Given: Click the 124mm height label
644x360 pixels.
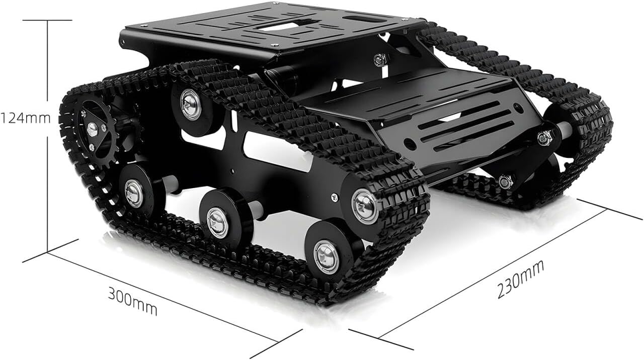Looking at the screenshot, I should point(26,118).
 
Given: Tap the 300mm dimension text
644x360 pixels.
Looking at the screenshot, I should point(132,301).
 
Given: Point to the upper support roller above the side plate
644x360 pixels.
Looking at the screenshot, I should point(191,108).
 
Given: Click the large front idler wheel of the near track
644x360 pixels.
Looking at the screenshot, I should point(366,206).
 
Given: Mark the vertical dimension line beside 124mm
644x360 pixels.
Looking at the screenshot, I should point(48,136).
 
